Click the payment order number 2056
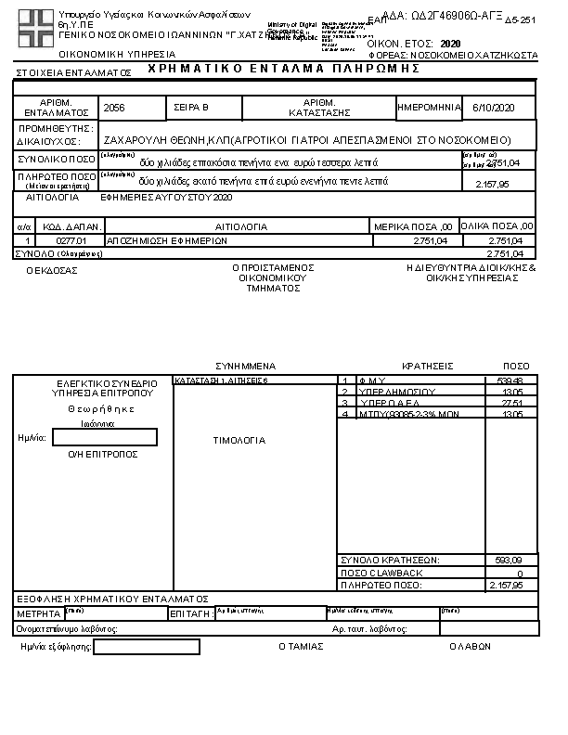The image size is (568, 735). coord(114,109)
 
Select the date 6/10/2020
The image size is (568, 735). coord(492,109)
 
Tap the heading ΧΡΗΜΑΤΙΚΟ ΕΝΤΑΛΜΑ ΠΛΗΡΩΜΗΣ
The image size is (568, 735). coord(284,70)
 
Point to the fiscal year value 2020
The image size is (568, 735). coord(450,44)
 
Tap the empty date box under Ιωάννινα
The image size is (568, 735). coord(105,437)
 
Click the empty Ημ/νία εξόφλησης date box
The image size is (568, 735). coord(147,647)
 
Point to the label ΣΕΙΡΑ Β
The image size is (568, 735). coord(192,109)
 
